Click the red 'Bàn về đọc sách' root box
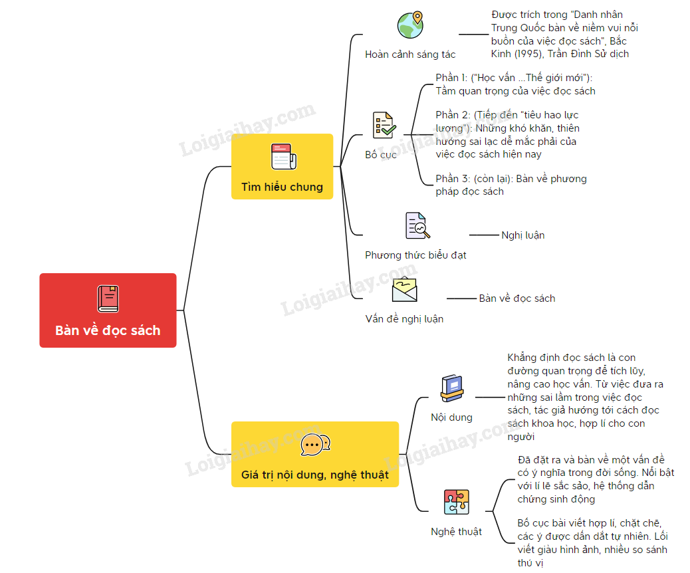tap(108, 310)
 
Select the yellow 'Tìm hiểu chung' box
tap(282, 166)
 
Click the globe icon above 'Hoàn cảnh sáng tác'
tap(410, 25)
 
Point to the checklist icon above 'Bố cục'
tap(384, 125)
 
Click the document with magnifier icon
tap(417, 226)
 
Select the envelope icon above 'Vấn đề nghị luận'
tap(405, 290)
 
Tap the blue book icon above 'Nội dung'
tap(452, 389)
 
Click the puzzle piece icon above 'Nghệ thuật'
tap(457, 501)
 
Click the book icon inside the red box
tap(108, 298)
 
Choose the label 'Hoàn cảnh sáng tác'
tap(410, 55)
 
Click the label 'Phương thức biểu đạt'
tap(415, 255)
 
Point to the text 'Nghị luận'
tap(523, 235)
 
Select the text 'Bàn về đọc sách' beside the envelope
tap(517, 298)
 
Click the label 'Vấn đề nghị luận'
tap(404, 319)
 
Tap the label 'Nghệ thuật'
tap(456, 532)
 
